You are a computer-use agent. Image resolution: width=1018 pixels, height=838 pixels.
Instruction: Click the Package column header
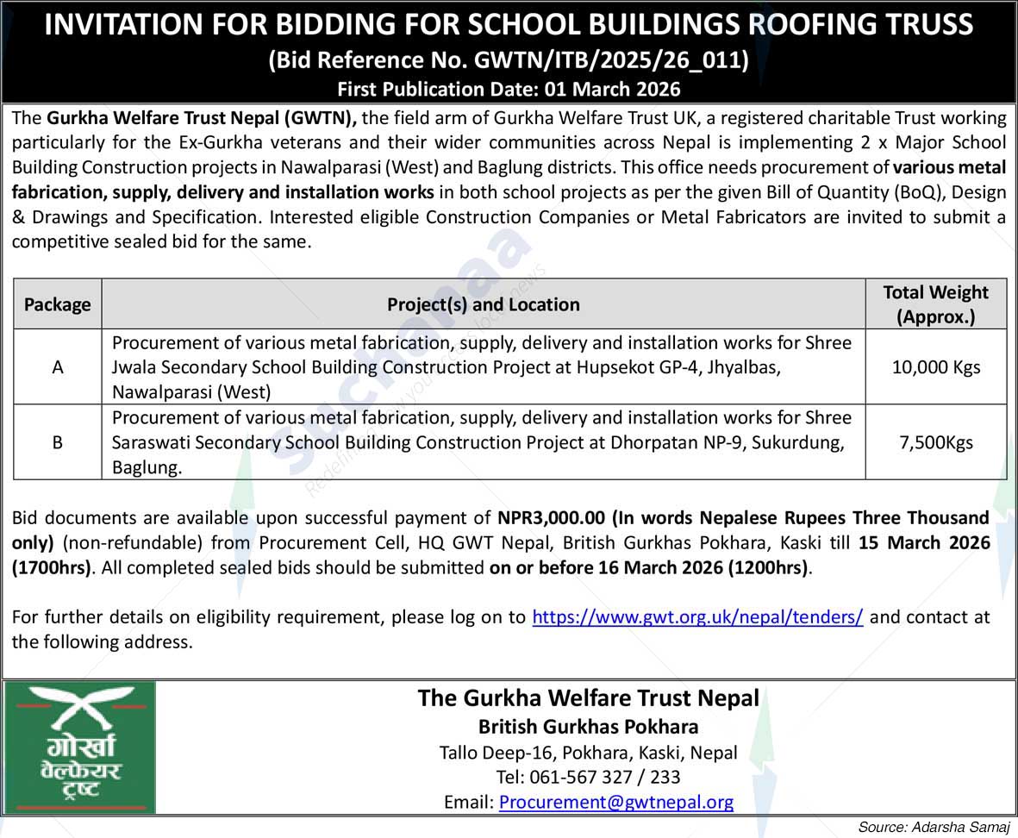click(58, 304)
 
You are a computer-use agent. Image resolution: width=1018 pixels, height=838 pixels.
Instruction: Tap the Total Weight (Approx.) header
click(935, 304)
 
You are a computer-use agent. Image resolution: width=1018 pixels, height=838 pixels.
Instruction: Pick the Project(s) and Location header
click(483, 304)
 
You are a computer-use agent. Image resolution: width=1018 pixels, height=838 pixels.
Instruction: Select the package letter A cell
click(58, 367)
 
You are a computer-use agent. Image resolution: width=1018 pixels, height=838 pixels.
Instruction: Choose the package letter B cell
click(58, 442)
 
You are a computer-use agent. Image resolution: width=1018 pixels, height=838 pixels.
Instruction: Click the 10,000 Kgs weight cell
click(935, 367)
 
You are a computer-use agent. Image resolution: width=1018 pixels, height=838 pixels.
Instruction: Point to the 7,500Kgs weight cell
click(935, 442)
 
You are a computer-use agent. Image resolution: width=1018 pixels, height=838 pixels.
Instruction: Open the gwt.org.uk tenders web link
click(697, 617)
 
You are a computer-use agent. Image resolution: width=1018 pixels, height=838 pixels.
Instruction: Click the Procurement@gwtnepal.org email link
click(616, 802)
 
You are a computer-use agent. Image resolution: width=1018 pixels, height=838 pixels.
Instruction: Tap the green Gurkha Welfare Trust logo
click(79, 747)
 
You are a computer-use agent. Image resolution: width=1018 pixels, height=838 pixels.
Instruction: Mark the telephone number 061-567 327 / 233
click(588, 777)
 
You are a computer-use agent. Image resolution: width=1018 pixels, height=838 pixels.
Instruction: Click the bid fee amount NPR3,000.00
click(552, 518)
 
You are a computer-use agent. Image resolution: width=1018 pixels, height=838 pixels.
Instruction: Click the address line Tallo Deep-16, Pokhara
click(588, 752)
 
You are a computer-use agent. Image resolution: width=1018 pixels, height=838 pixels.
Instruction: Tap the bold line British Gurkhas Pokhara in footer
click(588, 726)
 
